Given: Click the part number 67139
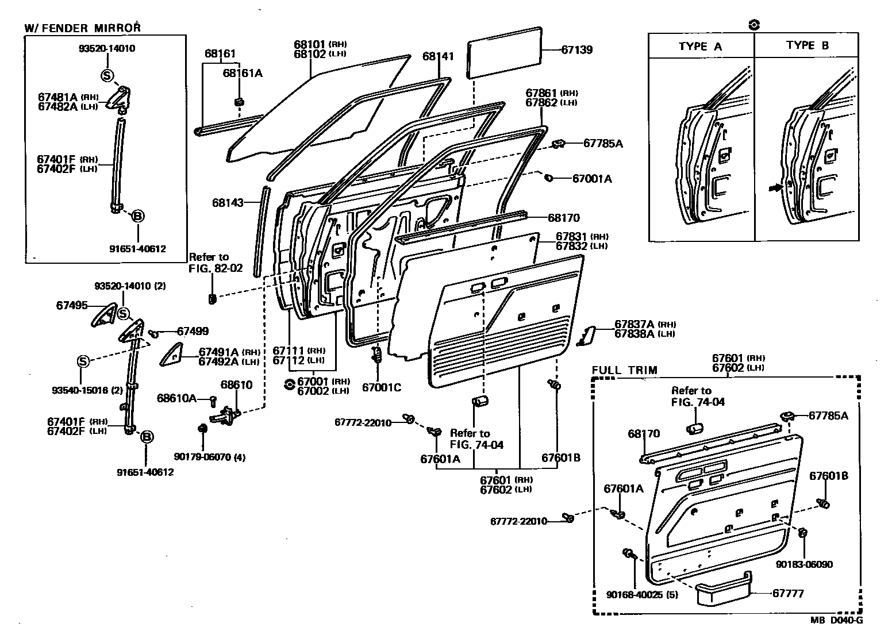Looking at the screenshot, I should point(576,50).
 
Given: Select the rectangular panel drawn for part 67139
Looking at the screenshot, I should point(505,52).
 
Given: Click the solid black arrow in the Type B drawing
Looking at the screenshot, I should point(775,187).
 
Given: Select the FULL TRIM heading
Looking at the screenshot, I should point(624,370).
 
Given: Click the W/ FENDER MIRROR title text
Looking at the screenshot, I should point(82,28).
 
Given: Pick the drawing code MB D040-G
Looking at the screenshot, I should point(836,620).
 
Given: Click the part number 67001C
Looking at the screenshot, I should point(382,387).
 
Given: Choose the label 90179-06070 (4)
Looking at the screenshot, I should point(210,457).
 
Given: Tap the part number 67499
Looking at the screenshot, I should point(193,332).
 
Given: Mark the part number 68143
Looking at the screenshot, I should point(228,203).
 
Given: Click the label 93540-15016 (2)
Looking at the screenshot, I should point(87,390).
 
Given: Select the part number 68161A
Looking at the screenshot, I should point(243,73).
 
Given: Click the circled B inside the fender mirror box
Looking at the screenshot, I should point(138,216).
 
